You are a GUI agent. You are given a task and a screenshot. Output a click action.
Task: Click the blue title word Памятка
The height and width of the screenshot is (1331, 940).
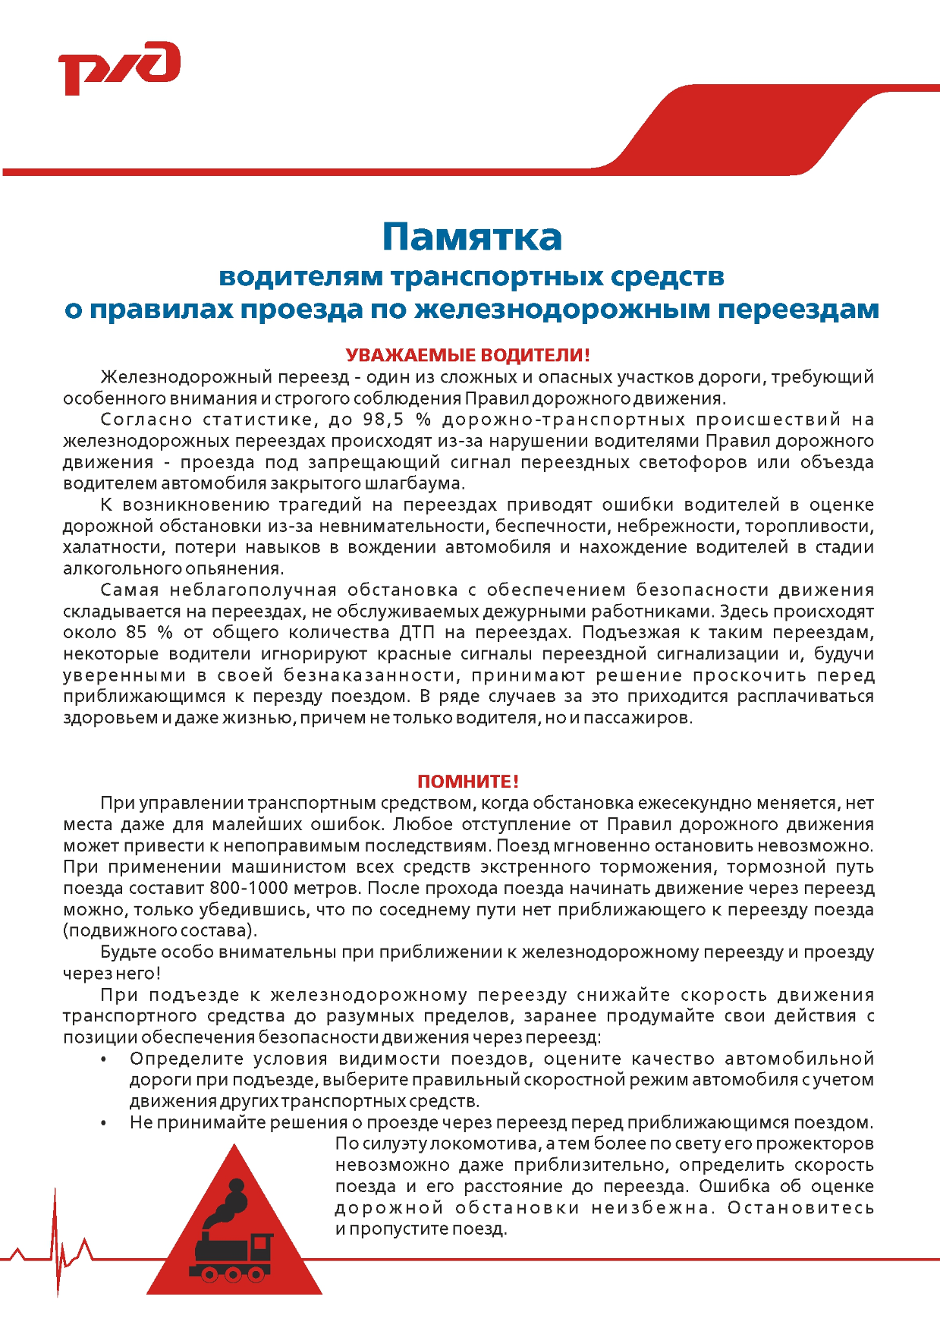(x=471, y=237)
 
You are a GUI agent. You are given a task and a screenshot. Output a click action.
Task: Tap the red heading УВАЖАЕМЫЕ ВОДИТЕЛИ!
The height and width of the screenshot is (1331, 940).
(x=467, y=355)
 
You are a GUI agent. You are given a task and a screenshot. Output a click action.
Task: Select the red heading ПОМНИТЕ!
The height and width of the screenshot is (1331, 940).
(x=468, y=782)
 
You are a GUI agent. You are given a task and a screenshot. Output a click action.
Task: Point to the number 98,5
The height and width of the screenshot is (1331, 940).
(x=383, y=420)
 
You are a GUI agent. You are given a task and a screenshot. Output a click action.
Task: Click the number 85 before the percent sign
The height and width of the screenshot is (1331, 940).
(x=136, y=632)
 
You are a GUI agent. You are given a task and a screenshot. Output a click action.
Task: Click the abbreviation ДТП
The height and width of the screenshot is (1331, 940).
(x=417, y=632)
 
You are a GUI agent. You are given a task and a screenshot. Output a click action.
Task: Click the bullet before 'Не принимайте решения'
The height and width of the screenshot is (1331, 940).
(x=103, y=1123)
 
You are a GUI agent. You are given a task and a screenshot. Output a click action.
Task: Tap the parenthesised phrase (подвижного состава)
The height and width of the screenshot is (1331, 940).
(x=160, y=930)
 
